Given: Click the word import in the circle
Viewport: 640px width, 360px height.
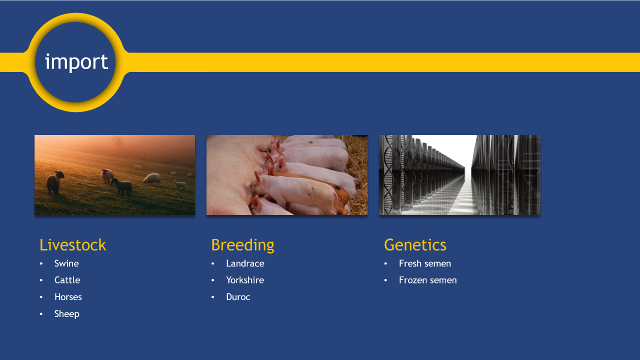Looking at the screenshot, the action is pyautogui.click(x=76, y=62).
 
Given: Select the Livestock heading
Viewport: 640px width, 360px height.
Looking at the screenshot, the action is pyautogui.click(x=72, y=245).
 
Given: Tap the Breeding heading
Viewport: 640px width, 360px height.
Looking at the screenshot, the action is pyautogui.click(x=242, y=245).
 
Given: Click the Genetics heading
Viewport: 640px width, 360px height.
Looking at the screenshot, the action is pyautogui.click(x=415, y=245).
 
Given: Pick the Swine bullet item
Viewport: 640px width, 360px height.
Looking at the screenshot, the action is pyautogui.click(x=66, y=263).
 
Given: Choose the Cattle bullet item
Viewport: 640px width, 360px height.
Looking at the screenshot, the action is pyautogui.click(x=67, y=280).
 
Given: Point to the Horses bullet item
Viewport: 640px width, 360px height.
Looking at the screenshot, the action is pyautogui.click(x=68, y=297).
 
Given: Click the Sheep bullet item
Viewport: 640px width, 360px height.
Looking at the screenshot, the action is pyautogui.click(x=67, y=314).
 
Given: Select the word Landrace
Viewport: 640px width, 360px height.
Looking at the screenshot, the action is pyautogui.click(x=245, y=263).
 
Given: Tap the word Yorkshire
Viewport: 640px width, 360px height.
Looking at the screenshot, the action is pyautogui.click(x=245, y=280).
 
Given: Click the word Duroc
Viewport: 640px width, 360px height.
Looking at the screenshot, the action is pyautogui.click(x=238, y=297).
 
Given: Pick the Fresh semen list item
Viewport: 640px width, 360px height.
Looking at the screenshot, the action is pyautogui.click(x=425, y=263).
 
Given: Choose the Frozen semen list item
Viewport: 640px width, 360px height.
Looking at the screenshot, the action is pyautogui.click(x=427, y=280).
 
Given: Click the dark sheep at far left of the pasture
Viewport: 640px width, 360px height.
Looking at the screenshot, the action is pyautogui.click(x=54, y=182).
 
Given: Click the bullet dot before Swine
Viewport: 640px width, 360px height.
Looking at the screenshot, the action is pyautogui.click(x=41, y=263).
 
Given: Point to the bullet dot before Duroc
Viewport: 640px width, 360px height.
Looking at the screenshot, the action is pyautogui.click(x=213, y=297).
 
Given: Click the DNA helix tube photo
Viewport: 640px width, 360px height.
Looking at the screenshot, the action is pyautogui.click(x=459, y=175).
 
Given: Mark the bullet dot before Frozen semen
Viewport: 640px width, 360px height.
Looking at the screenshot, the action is pyautogui.click(x=385, y=280).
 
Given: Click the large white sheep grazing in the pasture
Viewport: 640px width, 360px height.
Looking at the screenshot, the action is pyautogui.click(x=152, y=179).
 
